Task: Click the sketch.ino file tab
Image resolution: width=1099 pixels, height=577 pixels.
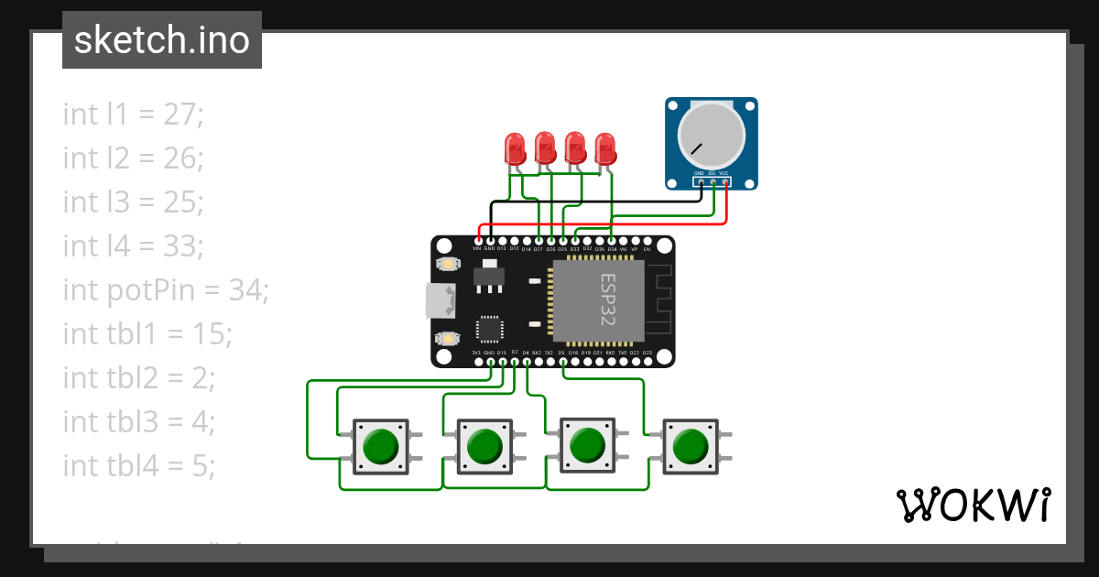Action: click(x=162, y=40)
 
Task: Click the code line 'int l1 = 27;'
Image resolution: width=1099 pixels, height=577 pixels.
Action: click(x=133, y=114)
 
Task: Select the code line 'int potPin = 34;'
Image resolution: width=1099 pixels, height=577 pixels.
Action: click(x=166, y=290)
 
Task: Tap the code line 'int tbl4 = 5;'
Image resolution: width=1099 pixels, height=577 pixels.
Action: click(x=139, y=466)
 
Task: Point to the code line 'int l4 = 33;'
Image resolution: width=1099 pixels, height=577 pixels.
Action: click(x=134, y=246)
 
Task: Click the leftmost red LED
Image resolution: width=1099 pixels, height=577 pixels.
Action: click(x=515, y=148)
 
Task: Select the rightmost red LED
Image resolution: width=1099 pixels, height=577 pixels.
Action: click(x=605, y=148)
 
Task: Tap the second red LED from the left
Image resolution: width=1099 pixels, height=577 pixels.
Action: click(x=545, y=148)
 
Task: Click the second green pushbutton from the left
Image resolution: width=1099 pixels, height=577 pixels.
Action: click(x=482, y=447)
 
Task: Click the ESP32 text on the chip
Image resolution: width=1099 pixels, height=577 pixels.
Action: click(x=607, y=299)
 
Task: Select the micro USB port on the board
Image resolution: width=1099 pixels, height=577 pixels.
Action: click(x=440, y=299)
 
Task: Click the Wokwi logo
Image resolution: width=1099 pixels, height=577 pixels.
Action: click(x=973, y=505)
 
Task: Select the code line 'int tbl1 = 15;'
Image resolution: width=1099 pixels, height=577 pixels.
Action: click(x=147, y=334)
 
